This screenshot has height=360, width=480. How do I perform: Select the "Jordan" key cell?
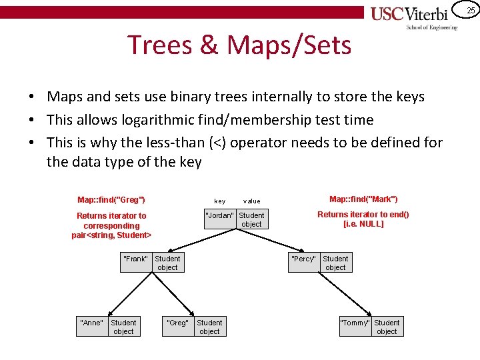[220, 215]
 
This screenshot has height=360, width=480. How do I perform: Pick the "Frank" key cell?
[136, 259]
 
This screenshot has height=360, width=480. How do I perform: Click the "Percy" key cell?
[304, 259]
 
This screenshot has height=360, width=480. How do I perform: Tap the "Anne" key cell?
[91, 323]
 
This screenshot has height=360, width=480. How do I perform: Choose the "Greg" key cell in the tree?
[177, 323]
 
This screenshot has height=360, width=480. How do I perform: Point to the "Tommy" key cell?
[355, 323]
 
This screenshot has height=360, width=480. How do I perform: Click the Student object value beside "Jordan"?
[251, 220]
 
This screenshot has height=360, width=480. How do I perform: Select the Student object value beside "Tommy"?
[387, 327]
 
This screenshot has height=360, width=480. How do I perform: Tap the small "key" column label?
[220, 201]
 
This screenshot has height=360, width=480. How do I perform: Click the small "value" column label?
[252, 201]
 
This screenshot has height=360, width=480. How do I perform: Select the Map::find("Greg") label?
[111, 199]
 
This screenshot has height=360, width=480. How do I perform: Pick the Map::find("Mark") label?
[363, 199]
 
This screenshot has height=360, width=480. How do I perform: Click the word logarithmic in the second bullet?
[163, 119]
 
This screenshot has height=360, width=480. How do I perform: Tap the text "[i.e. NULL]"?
[363, 224]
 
